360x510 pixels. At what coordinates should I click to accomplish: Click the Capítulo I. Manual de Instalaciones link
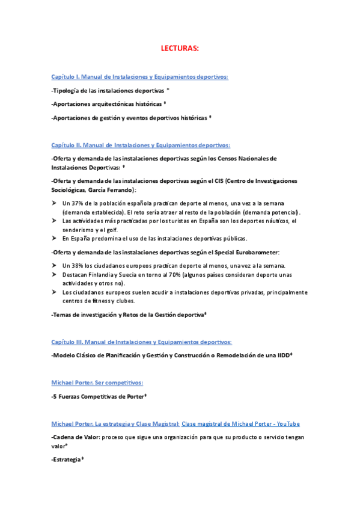139,76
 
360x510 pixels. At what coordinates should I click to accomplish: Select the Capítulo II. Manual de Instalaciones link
141,145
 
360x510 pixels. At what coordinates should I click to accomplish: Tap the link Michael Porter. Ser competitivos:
97,382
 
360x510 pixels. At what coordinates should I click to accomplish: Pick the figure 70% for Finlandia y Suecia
165,274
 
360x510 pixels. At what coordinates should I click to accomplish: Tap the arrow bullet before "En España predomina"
55,238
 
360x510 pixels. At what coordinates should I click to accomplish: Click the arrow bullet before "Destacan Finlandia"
55,274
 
